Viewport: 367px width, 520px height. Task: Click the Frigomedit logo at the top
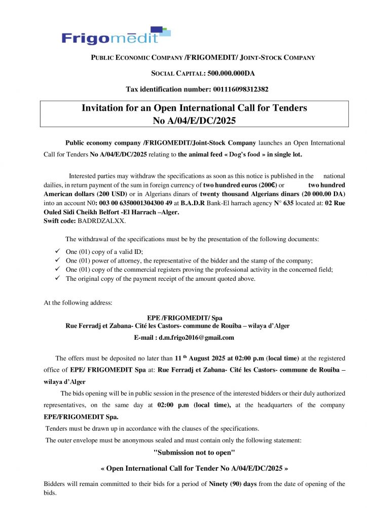click(116, 37)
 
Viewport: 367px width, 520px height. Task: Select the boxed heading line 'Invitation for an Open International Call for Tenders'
click(195, 108)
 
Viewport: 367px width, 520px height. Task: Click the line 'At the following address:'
click(78, 303)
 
